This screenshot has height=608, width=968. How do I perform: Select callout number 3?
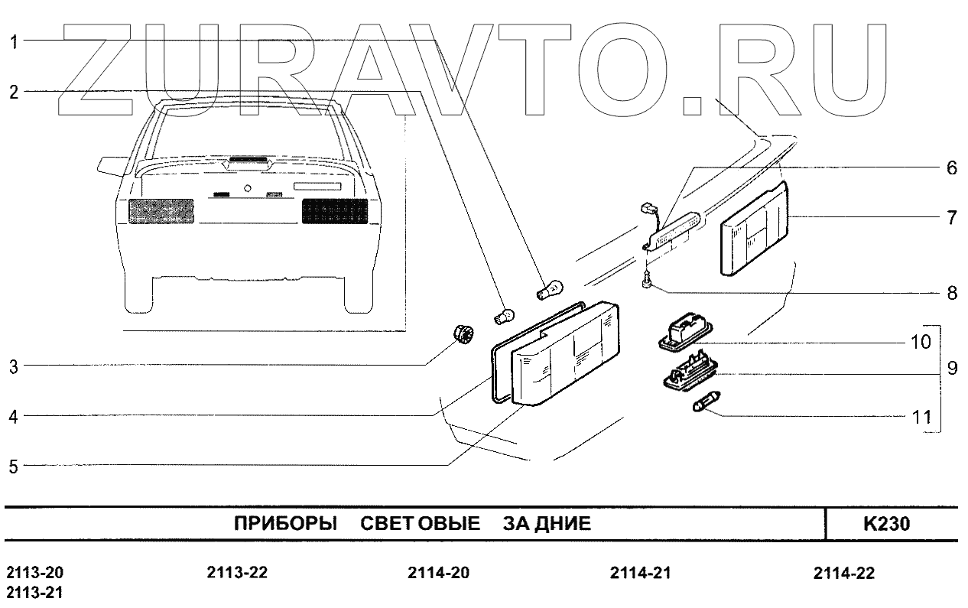click(14, 366)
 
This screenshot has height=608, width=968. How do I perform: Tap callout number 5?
click(14, 466)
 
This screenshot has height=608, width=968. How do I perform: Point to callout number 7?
click(951, 217)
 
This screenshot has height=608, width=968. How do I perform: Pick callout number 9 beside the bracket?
click(952, 368)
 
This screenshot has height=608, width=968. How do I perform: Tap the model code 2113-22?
click(237, 574)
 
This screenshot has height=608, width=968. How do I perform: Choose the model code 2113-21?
click(35, 593)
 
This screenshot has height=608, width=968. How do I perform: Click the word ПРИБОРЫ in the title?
click(285, 525)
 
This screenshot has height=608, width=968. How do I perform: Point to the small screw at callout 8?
click(648, 284)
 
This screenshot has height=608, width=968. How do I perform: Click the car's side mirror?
click(110, 164)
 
